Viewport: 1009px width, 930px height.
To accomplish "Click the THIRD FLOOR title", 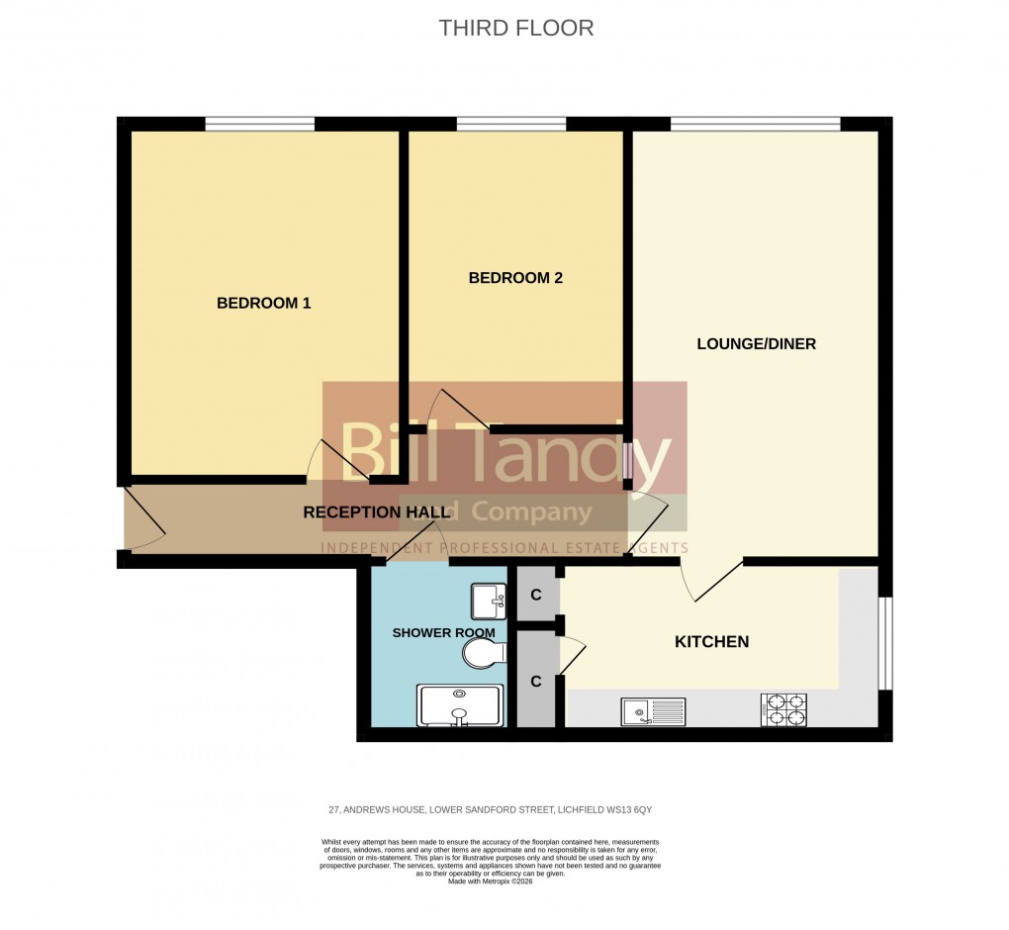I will click(x=515, y=28).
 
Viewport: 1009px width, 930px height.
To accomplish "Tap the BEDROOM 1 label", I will click(x=263, y=303).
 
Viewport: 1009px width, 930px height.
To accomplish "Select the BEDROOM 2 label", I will click(x=514, y=278).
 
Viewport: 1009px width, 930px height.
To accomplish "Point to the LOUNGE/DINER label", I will click(x=756, y=344).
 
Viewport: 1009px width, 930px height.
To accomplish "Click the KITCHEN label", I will click(x=711, y=642).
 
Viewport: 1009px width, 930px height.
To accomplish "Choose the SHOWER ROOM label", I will click(x=429, y=632).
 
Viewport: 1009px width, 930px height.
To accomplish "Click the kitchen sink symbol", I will click(x=653, y=710).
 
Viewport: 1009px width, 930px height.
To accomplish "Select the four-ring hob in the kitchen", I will click(x=783, y=710).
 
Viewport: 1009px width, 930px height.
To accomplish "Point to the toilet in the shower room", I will click(x=487, y=653).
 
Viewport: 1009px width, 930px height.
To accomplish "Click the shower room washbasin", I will click(x=489, y=601).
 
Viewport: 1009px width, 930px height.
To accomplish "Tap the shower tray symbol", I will click(x=460, y=705).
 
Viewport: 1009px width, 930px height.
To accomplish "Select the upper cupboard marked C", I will click(x=535, y=595).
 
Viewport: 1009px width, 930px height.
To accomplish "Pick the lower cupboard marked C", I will click(x=535, y=681).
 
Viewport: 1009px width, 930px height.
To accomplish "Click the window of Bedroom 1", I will click(x=259, y=124).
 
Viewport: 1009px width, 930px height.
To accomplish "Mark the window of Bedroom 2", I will click(x=510, y=124).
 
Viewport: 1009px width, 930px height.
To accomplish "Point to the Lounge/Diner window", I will click(x=755, y=124).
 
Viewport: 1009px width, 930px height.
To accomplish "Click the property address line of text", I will click(x=490, y=810).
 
